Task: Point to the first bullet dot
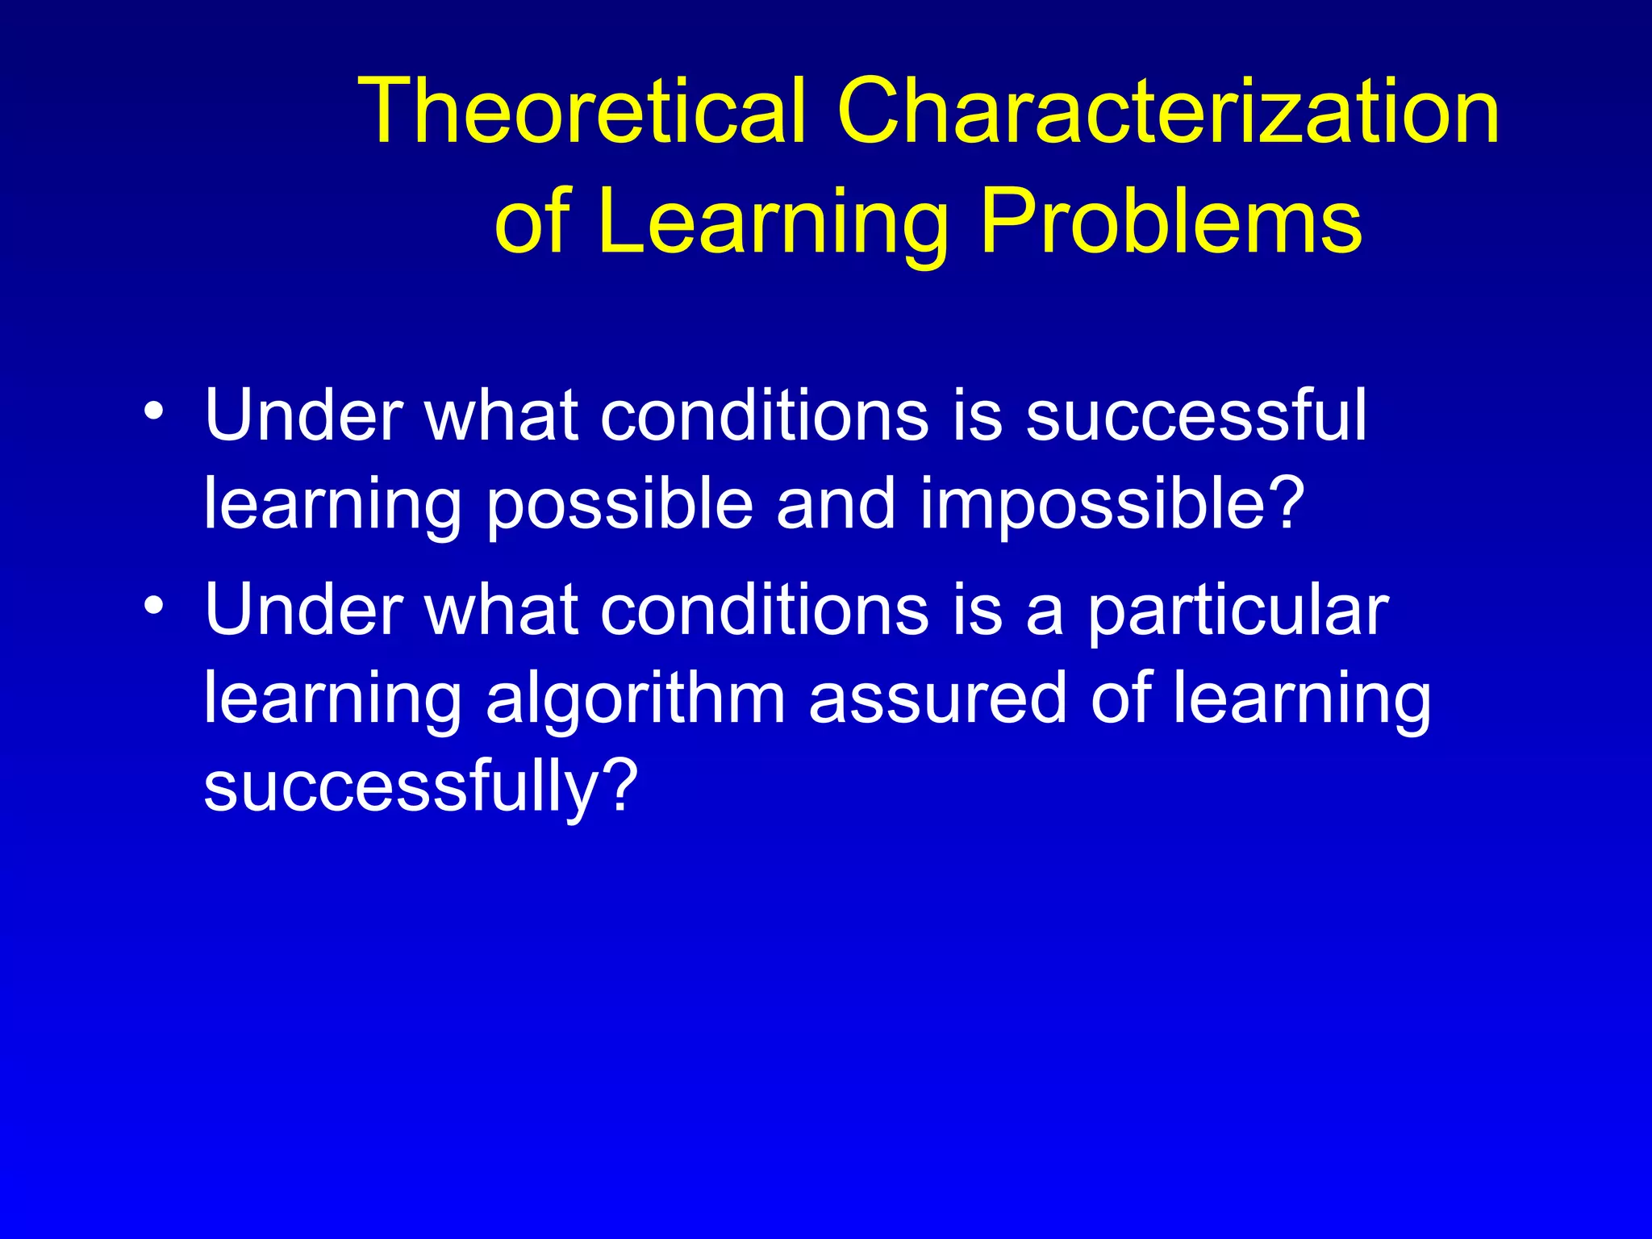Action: pos(153,411)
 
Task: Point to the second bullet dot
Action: pos(153,605)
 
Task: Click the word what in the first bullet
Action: pos(501,415)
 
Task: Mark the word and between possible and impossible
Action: pos(835,503)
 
